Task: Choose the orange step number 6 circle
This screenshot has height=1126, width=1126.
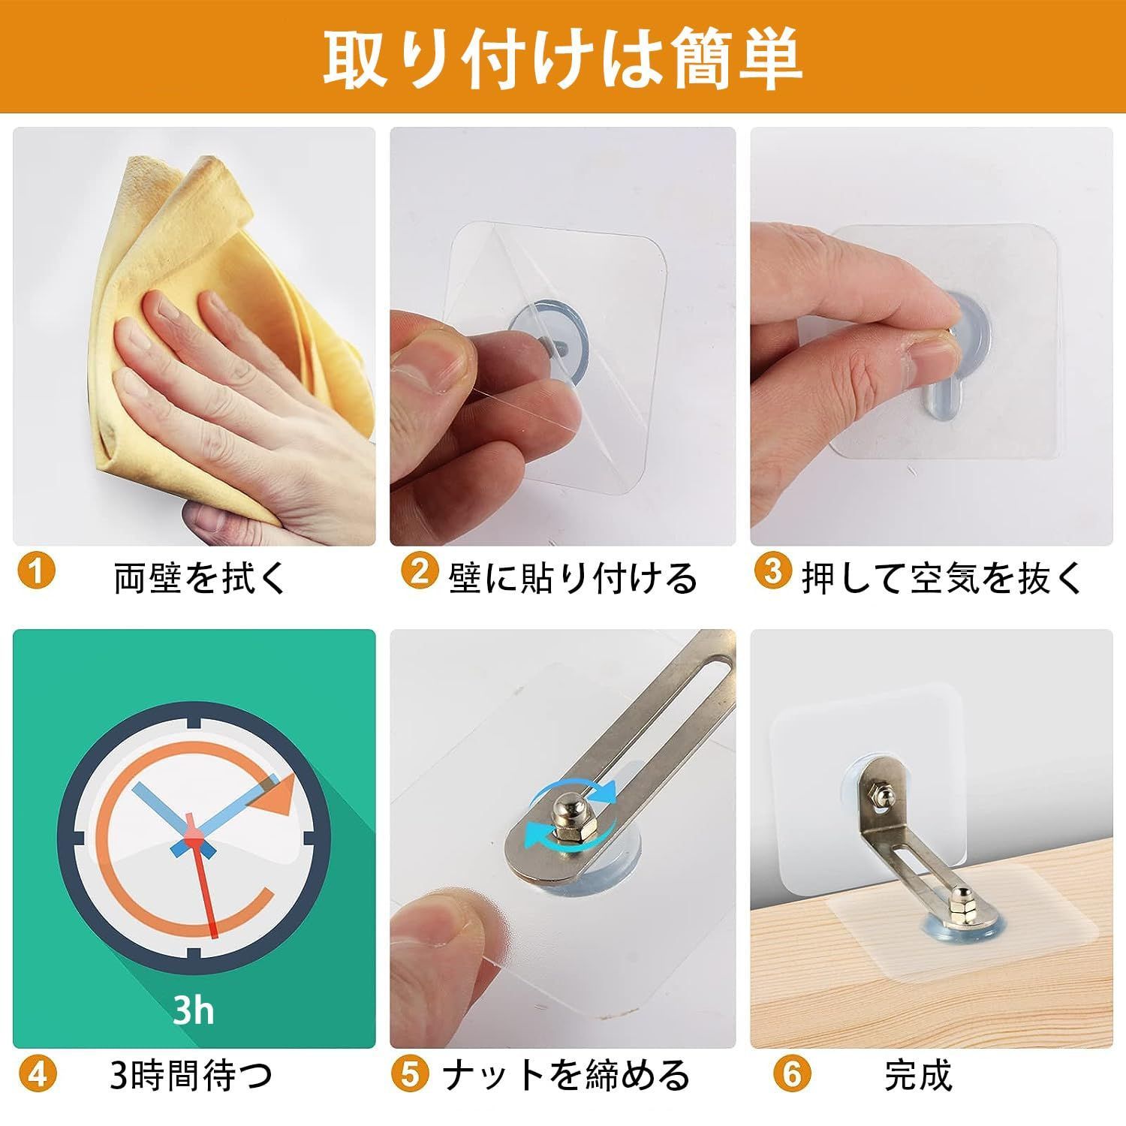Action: point(793,1075)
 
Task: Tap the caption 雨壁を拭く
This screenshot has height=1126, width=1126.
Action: point(200,578)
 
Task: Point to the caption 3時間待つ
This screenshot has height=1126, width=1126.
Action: point(191,1076)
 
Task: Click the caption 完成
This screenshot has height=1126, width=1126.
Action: point(918,1076)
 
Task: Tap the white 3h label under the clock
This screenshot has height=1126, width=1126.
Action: point(193,1010)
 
